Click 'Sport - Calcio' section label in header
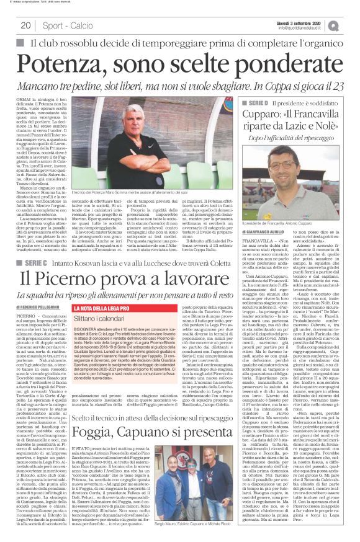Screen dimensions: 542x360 pyautogui.click(x=68, y=26)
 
